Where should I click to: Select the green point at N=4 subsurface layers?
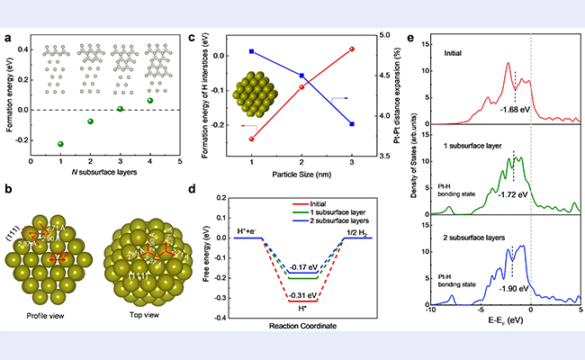[150, 100]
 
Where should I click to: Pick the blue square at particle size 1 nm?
[251, 51]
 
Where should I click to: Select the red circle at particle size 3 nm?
[352, 49]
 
